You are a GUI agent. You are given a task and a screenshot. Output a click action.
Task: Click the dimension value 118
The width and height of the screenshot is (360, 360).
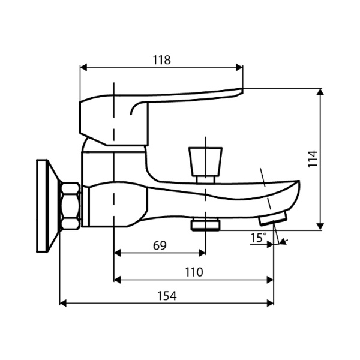tap(161, 60)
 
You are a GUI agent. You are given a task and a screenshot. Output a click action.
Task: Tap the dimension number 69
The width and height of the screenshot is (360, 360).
tap(160, 245)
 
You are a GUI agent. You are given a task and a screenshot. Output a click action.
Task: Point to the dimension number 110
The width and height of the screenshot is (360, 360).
tap(193, 272)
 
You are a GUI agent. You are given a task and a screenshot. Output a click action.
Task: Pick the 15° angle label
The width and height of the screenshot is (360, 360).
tap(258, 238)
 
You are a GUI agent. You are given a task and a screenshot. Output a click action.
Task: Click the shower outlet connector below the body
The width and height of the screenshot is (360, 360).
tap(205, 225)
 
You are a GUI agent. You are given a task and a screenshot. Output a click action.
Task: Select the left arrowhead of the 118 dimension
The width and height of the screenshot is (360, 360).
tap(83, 67)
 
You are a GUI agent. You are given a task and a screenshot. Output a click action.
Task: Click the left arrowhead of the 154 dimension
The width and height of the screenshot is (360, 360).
tap(63, 303)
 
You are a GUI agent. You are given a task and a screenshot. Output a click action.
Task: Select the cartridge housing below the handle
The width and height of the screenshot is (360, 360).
tap(114, 162)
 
